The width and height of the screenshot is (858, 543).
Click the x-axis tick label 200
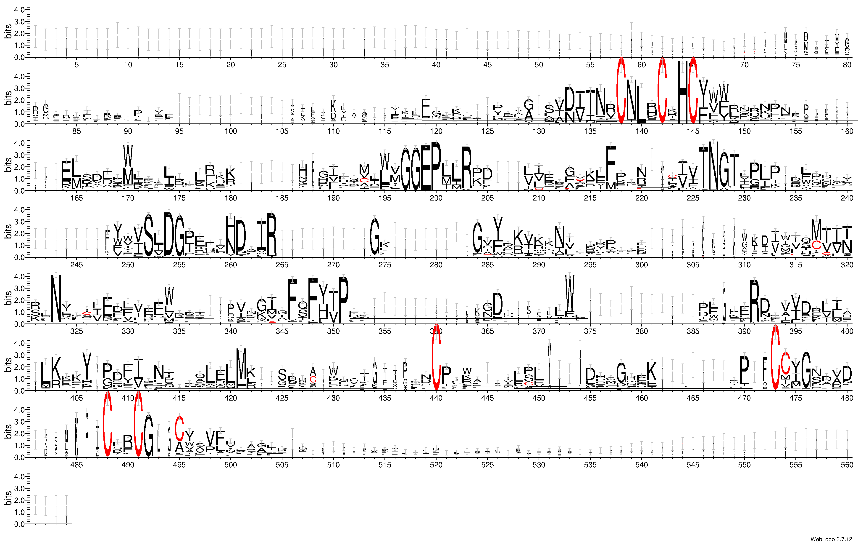(x=436, y=198)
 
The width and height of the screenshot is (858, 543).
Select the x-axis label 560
(x=847, y=465)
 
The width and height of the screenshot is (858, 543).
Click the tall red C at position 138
(x=621, y=91)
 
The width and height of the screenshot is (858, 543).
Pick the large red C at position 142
(x=662, y=91)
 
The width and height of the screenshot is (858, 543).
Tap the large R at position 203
(x=466, y=168)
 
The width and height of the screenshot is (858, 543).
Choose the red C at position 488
(x=107, y=425)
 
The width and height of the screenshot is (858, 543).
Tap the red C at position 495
(x=179, y=428)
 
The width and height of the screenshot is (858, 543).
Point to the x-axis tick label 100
(x=231, y=131)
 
